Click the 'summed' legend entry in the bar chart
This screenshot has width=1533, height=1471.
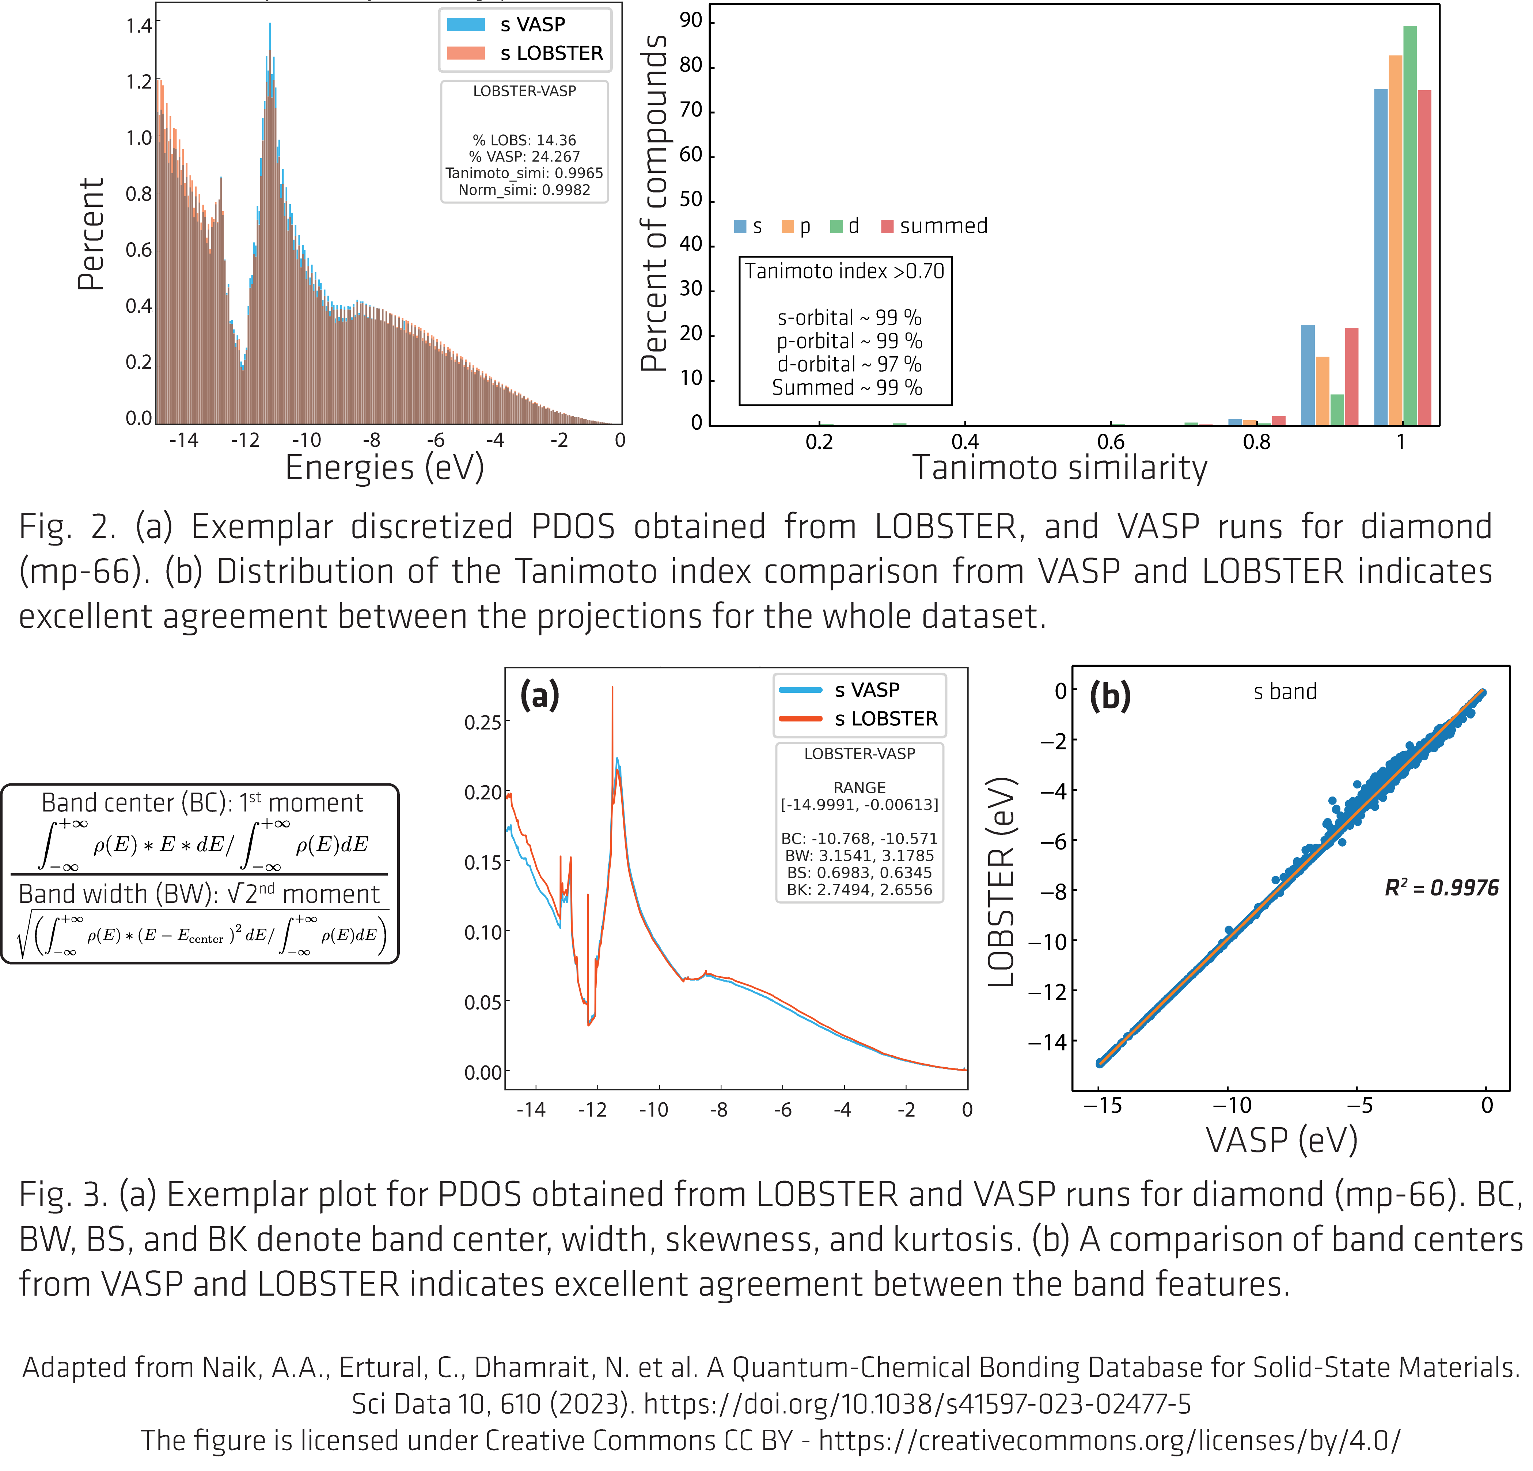click(935, 226)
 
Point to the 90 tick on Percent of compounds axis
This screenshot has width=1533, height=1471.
click(691, 21)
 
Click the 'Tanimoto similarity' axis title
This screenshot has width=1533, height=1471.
click(1060, 468)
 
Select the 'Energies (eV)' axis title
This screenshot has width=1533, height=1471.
click(384, 468)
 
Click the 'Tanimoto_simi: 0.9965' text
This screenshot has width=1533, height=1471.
click(524, 173)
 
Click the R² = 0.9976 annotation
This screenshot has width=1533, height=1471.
click(1441, 887)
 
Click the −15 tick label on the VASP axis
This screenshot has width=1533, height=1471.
click(1102, 1105)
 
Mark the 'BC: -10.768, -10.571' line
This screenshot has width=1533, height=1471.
click(859, 838)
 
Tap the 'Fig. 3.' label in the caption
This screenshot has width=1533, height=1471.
click(62, 1194)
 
